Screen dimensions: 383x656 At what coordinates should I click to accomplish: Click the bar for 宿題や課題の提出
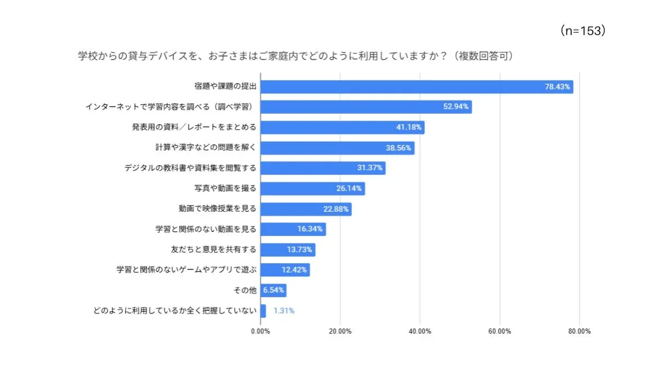point(415,86)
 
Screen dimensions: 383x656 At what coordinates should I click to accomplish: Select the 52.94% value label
point(455,107)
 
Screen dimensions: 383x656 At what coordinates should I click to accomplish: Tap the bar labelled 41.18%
point(342,127)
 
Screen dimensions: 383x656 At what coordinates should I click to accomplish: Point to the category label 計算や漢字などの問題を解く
point(206,148)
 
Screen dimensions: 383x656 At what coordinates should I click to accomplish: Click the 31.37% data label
point(370,168)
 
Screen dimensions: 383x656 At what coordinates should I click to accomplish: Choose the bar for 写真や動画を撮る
point(312,188)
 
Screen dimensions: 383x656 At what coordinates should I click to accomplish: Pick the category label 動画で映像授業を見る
point(217,208)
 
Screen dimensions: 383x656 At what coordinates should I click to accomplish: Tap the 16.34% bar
point(292,229)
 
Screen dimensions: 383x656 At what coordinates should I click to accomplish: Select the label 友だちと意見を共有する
point(213,249)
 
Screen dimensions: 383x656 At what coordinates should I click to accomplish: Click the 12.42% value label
point(295,270)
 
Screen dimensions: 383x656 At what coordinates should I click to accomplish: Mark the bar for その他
point(273,290)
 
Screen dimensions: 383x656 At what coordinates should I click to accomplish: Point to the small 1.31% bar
point(263,311)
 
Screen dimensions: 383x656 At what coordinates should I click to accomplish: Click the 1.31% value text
point(284,311)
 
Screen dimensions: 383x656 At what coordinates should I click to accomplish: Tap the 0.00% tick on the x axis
point(260,332)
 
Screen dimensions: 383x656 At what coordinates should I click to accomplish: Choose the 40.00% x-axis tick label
point(420,332)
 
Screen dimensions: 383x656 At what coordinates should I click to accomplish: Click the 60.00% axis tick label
point(500,332)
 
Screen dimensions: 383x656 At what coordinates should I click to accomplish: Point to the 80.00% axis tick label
point(579,332)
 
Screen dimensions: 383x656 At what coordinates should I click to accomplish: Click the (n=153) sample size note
point(583,31)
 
